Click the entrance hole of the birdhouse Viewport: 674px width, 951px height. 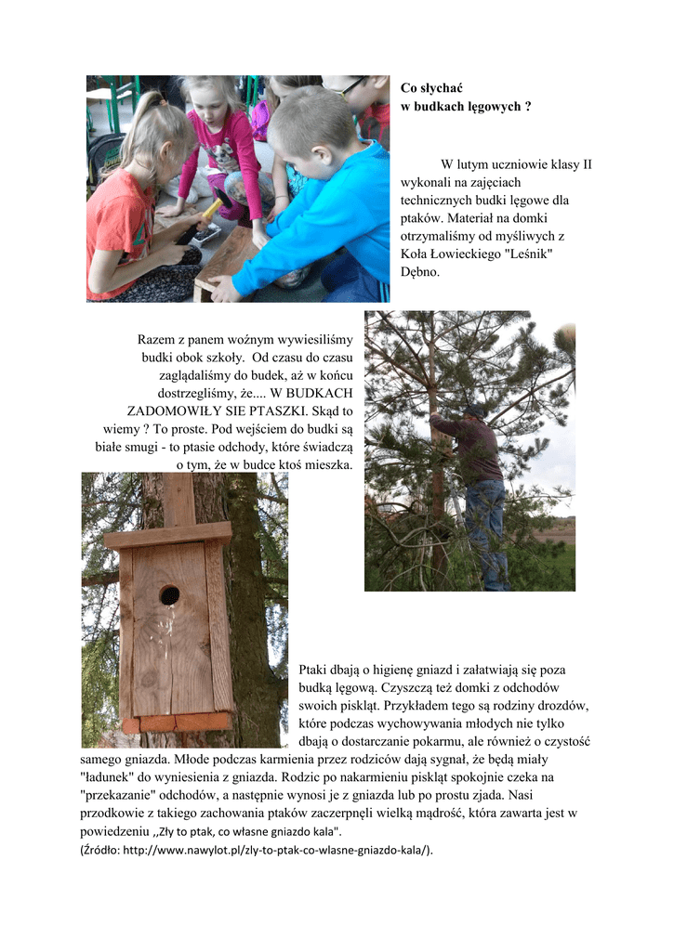click(168, 595)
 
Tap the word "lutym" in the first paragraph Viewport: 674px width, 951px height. click(496, 165)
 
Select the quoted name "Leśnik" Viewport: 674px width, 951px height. click(529, 254)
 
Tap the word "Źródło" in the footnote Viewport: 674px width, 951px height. click(99, 850)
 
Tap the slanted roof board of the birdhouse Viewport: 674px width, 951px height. click(167, 535)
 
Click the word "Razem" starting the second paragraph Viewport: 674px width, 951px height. click(157, 340)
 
